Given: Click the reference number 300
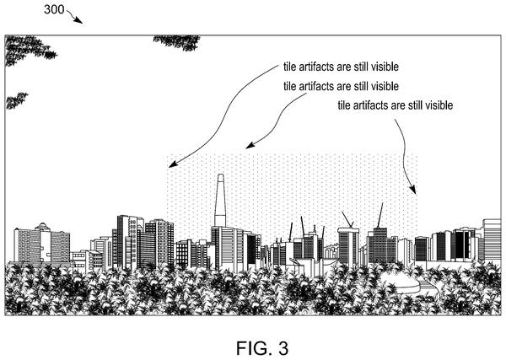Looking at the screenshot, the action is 54,9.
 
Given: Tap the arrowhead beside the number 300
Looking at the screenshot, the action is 78,20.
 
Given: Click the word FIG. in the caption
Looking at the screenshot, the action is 252,348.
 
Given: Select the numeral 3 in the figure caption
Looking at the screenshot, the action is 283,348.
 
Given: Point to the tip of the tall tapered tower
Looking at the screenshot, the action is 220,175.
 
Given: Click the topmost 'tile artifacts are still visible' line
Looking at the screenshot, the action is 341,67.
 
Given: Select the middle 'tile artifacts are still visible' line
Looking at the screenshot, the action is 341,86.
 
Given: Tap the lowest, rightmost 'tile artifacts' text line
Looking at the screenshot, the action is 396,105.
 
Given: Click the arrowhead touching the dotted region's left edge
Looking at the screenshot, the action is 173,164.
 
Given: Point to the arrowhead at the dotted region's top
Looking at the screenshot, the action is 250,145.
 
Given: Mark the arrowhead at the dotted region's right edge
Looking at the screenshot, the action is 412,190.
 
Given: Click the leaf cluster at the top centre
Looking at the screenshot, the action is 177,43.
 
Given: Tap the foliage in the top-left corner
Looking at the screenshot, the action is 28,50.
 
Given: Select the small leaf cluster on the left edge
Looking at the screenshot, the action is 16,100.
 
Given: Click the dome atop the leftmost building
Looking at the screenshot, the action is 43,227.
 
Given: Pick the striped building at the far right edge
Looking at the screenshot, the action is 492,239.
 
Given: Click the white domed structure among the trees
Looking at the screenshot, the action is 400,282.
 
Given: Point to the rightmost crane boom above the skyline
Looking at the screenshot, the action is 379,215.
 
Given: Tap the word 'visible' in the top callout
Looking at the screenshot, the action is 385,67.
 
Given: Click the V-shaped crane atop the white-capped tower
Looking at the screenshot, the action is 347,219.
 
